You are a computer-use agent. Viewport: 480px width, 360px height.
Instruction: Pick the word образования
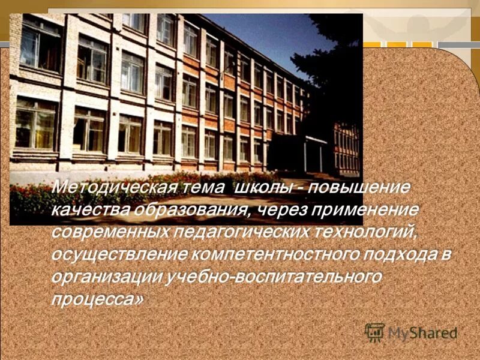point(186,209)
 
